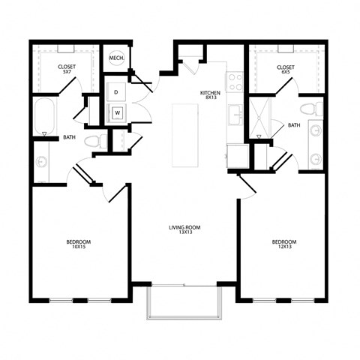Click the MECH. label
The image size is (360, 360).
click(x=116, y=58)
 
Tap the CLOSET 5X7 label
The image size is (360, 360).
click(x=66, y=70)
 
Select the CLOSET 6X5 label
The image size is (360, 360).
click(x=285, y=70)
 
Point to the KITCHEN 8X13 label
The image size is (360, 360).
click(x=210, y=95)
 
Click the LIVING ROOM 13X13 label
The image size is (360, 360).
click(x=184, y=230)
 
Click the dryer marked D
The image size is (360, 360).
click(x=116, y=91)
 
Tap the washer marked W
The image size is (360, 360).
click(x=117, y=114)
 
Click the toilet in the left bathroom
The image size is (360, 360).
click(x=94, y=141)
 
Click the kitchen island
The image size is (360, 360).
click(x=184, y=135)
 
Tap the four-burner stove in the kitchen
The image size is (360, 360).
click(x=235, y=77)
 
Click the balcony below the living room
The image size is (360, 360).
click(x=183, y=302)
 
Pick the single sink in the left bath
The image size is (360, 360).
click(x=40, y=162)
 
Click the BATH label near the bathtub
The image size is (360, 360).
click(x=70, y=137)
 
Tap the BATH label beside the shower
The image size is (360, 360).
click(x=293, y=125)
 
